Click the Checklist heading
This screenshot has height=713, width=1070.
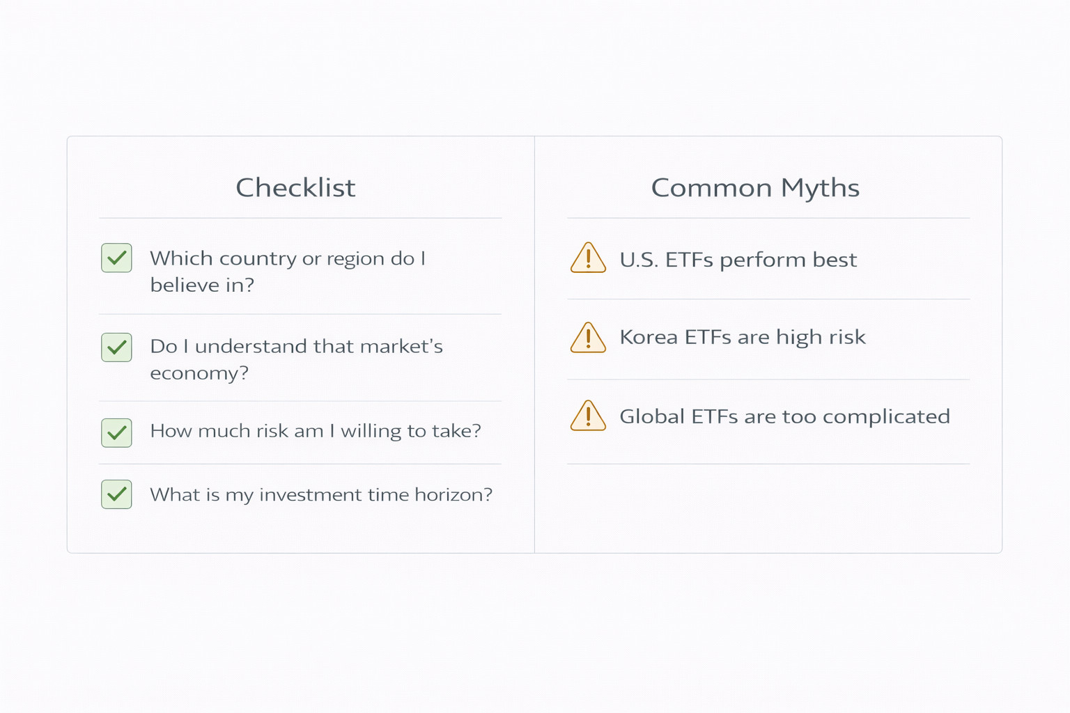pos(295,187)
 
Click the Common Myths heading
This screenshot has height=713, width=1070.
pos(755,188)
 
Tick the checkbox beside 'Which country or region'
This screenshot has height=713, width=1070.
pos(116,258)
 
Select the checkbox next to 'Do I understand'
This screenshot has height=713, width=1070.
pos(116,347)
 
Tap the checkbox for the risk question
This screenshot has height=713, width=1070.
pos(116,432)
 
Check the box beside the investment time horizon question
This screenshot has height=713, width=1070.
pos(116,494)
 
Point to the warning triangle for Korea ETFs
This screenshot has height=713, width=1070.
pos(588,338)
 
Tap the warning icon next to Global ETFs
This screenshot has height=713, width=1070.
pos(588,416)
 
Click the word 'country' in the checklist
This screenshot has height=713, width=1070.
pos(258,259)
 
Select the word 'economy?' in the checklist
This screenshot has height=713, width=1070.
pos(199,373)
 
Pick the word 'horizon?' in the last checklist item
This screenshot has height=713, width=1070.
pos(453,494)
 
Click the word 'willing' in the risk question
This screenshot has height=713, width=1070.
pos(371,431)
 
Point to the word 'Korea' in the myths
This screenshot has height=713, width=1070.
pos(649,337)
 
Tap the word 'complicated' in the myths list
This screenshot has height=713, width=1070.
pos(886,416)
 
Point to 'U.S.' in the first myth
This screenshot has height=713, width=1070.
pos(639,260)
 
